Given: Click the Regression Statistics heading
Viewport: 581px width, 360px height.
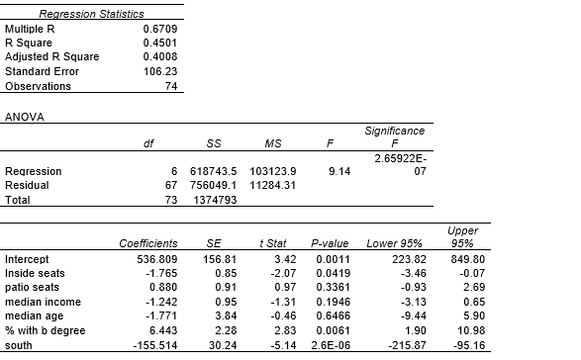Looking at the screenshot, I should pos(90,14).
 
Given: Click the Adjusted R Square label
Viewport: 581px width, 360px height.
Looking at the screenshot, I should pos(45,57).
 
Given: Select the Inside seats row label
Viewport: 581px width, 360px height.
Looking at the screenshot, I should pos(37,272).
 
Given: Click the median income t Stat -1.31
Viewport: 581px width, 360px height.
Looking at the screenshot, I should pos(272,302).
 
